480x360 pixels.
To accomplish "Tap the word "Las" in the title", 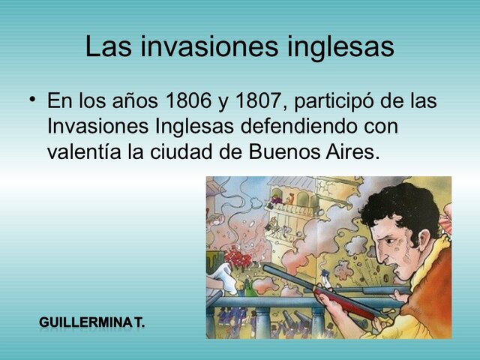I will (x=108, y=47).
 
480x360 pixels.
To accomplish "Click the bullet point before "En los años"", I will (x=32, y=101).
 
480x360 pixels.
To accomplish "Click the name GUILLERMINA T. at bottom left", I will (x=92, y=323).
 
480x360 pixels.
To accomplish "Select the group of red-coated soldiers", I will (x=239, y=258).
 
